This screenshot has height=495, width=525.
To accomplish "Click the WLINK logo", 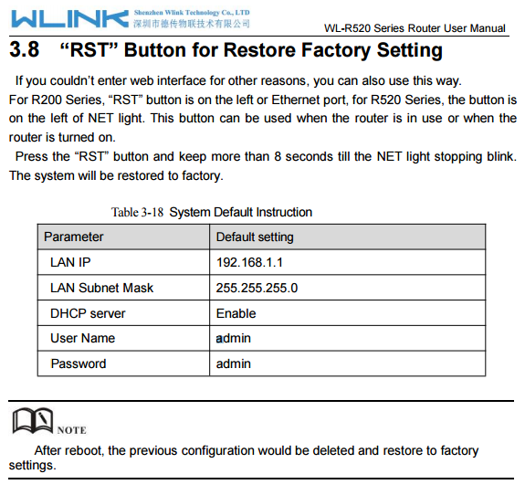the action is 69,19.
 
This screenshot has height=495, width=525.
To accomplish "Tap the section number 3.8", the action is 24,49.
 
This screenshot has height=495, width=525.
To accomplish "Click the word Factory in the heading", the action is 336,50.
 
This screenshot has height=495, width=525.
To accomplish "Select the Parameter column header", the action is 74,237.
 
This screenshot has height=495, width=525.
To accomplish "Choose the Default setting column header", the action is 255,237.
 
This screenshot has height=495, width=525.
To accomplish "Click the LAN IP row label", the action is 70,262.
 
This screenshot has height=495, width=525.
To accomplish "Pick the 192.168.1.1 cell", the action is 249,262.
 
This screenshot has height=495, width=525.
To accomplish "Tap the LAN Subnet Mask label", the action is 101,288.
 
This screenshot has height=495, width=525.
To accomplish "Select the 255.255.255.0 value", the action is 257,288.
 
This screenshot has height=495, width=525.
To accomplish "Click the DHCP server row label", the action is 88,313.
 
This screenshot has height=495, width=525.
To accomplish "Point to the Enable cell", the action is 236,313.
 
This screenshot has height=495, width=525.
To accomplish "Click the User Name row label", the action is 83,338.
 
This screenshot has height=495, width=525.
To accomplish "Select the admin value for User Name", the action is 234,338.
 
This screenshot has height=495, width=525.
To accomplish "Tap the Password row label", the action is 79,363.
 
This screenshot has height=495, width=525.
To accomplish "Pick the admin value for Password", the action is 234,363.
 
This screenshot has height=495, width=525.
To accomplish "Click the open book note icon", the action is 33,421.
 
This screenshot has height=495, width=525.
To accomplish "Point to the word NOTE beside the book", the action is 71,430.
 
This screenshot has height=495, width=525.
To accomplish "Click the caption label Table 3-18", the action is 137,212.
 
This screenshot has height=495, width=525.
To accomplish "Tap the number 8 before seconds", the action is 278,157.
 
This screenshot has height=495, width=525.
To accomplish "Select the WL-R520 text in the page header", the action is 348,28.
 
